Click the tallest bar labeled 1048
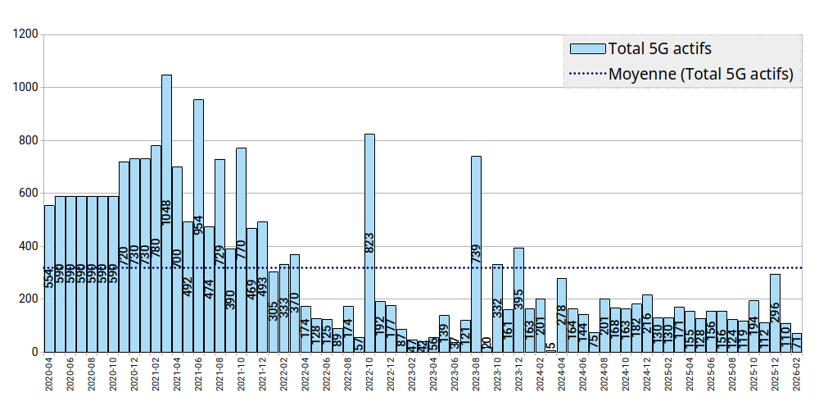pyautogui.click(x=166, y=213)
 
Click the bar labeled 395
pyautogui.click(x=518, y=299)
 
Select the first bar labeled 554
pyautogui.click(x=49, y=279)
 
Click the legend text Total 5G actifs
pyautogui.click(x=660, y=48)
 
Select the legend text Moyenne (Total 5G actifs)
pyautogui.click(x=701, y=74)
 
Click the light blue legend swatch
pyautogui.click(x=587, y=48)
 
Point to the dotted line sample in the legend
pyautogui.click(x=587, y=75)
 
